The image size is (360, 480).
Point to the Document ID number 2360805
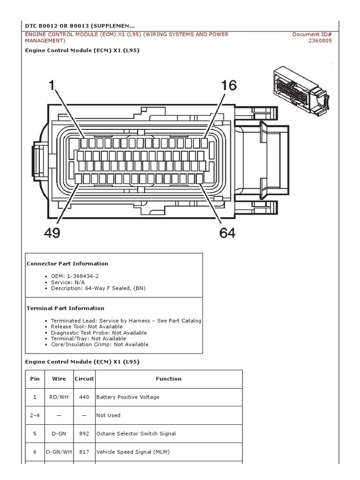(320, 41)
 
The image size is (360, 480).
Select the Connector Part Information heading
(67, 263)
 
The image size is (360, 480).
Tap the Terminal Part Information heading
(65, 308)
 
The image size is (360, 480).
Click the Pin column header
(35, 379)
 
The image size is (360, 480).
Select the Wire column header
(59, 379)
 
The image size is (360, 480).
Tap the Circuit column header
(84, 379)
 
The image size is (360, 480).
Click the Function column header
(168, 379)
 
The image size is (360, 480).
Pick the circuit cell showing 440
(84, 397)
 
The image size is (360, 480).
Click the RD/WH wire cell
(59, 397)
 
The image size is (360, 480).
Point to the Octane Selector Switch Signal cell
(136, 434)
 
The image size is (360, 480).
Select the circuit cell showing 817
(84, 452)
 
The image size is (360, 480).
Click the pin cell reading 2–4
(35, 415)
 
